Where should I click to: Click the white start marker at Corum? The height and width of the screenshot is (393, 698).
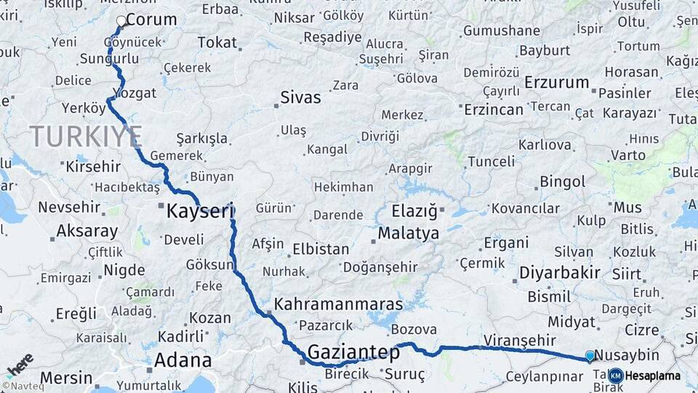tap(121, 21)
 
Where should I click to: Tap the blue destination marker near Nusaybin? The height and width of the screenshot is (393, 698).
tap(590, 355)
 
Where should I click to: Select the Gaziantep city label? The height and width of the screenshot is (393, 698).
tap(353, 352)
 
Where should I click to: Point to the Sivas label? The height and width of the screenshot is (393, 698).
tap(300, 97)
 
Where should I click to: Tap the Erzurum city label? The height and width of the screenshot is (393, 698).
tap(556, 82)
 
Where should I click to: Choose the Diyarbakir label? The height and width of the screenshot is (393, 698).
tap(560, 273)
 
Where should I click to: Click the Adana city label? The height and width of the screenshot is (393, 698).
tap(182, 360)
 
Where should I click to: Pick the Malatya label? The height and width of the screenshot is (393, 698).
tap(408, 234)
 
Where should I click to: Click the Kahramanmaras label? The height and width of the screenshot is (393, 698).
tap(339, 303)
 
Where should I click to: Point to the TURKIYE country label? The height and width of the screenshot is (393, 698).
tap(86, 135)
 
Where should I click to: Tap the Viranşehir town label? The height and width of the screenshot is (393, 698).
tap(519, 340)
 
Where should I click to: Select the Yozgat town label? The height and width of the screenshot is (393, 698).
tap(135, 93)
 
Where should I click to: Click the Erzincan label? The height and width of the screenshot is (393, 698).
tap(494, 109)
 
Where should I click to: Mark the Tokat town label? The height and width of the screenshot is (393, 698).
tap(217, 42)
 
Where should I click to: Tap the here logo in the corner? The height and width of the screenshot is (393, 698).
tap(20, 363)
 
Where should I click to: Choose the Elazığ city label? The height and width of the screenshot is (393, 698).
tap(414, 211)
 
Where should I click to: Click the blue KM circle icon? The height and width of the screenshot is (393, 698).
tap(615, 376)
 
